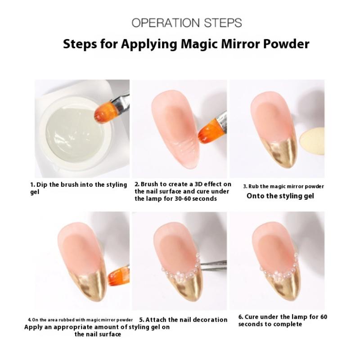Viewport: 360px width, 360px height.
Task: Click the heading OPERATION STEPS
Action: tap(187, 23)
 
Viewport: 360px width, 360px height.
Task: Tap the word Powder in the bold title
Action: tap(286, 44)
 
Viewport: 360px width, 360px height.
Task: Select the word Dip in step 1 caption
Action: tap(42, 185)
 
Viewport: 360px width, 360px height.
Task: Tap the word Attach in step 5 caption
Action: tap(156, 320)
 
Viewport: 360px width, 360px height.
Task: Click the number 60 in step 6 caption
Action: tap(324, 317)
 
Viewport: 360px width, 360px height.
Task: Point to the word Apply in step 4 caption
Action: tap(33, 328)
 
